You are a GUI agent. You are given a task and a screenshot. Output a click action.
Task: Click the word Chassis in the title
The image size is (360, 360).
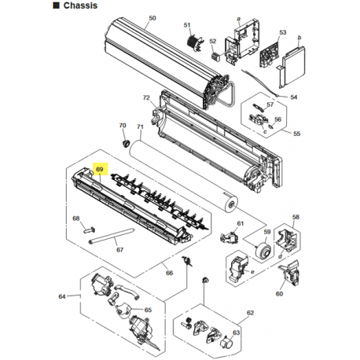80,6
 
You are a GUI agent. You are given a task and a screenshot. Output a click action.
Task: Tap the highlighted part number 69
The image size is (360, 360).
100,169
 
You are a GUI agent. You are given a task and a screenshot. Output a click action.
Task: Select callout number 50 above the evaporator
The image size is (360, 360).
152,18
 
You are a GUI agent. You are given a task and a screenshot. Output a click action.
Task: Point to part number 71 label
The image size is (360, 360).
140,127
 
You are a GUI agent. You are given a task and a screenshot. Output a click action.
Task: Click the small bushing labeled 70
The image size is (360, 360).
127,144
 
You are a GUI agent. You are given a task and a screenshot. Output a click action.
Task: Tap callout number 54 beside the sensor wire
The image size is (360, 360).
294,97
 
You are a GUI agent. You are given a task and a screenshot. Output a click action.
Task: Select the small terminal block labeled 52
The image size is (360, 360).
215,56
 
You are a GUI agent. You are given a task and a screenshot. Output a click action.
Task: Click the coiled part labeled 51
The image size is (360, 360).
195,42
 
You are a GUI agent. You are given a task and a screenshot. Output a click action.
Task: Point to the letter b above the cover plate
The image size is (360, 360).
299,38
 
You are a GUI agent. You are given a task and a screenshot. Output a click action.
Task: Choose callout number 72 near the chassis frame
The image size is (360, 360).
146,97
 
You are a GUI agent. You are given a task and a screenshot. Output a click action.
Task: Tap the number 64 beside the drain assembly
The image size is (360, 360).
62,296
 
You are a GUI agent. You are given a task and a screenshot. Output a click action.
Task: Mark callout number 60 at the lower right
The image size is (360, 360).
279,294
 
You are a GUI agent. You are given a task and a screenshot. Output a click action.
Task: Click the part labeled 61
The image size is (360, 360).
230,237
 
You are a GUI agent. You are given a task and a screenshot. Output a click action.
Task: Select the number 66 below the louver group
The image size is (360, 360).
169,273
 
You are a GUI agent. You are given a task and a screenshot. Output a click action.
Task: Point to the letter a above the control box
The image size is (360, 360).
238,19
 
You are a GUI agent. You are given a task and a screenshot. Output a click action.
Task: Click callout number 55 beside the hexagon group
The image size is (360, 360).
296,134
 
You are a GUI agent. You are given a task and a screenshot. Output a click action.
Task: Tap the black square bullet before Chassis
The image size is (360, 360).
56,6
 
